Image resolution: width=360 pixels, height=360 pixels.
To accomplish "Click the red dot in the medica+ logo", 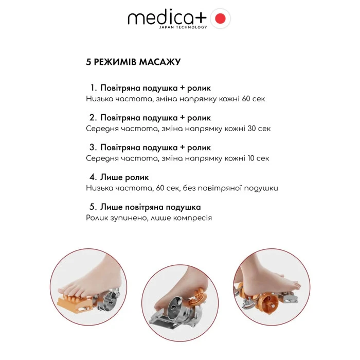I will (x=220, y=19).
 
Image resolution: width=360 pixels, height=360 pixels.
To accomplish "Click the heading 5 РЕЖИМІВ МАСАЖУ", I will (x=133, y=62).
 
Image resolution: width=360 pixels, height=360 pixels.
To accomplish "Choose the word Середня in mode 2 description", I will (x=102, y=128).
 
